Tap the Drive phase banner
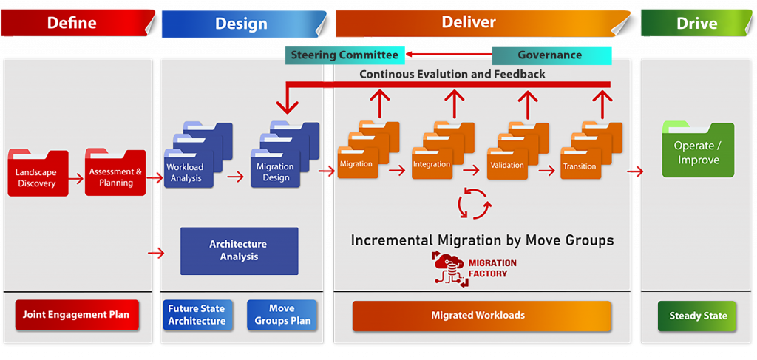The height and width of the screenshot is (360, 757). (696, 23)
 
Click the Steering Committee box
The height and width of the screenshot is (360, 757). (344, 55)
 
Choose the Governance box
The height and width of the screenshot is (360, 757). (551, 55)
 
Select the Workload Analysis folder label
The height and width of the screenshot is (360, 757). (186, 173)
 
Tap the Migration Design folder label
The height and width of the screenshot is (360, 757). (276, 172)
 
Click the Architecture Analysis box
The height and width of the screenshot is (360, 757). (239, 251)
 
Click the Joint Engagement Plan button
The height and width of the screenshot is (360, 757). (76, 315)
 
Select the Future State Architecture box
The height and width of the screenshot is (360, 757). (197, 315)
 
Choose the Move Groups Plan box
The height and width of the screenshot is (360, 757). (282, 315)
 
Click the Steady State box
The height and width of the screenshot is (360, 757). (698, 316)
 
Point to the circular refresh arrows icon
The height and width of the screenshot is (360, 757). (473, 203)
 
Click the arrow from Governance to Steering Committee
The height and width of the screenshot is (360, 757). (448, 55)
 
